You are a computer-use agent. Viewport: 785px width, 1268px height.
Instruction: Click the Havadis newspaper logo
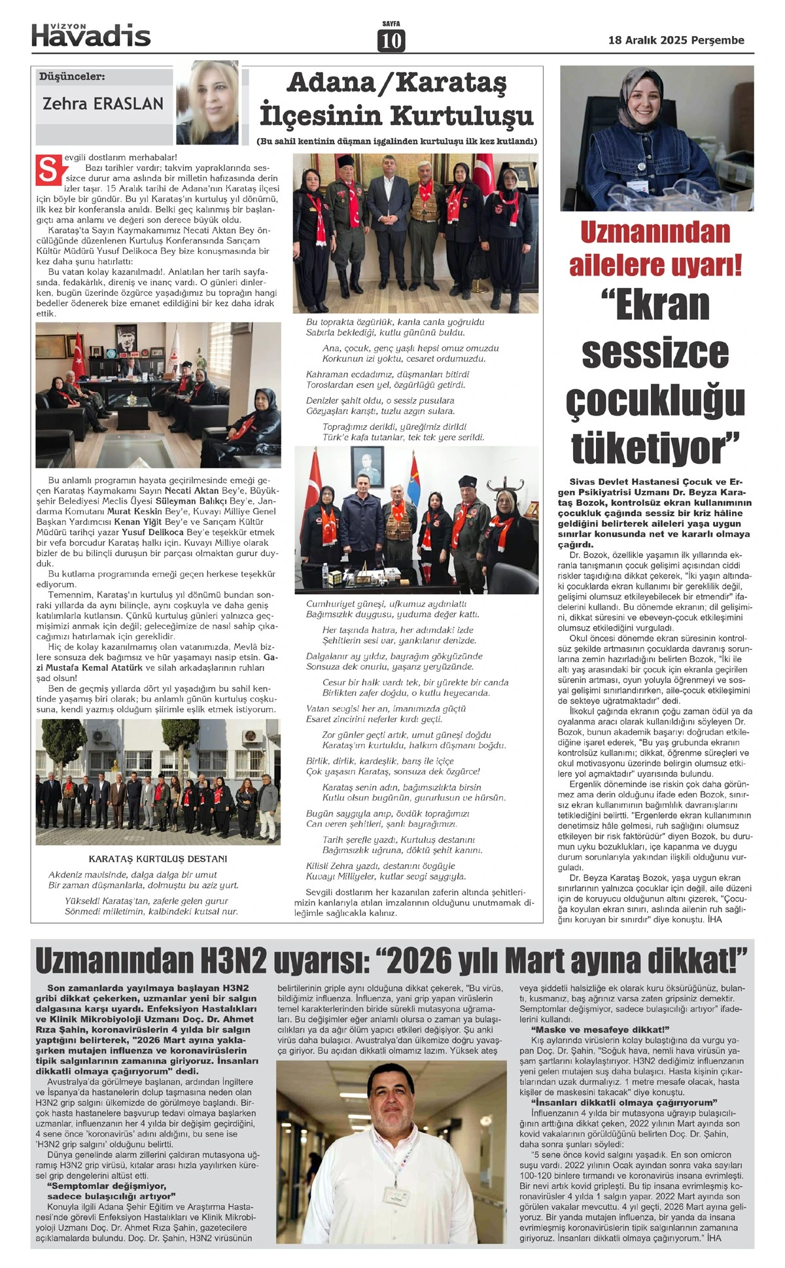point(91,34)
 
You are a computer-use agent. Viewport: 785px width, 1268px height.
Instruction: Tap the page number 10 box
point(391,41)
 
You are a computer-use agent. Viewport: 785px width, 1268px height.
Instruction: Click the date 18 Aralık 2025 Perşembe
point(676,41)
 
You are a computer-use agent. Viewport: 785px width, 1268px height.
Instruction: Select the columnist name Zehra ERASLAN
point(103,103)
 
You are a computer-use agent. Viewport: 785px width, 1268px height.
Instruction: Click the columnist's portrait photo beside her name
point(217,102)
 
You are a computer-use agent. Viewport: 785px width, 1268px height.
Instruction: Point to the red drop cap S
point(48,170)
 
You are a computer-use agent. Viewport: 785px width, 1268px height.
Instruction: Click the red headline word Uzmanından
point(655,232)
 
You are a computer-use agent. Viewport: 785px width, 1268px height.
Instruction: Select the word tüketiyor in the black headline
point(655,448)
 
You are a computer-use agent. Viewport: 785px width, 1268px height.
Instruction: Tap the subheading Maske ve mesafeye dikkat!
point(600,1029)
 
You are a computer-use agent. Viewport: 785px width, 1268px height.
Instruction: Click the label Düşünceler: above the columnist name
point(72,77)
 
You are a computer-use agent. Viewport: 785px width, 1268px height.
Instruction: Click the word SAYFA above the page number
point(391,24)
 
